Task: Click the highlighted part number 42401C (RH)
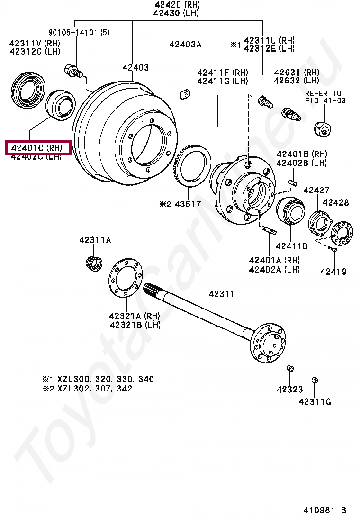tap(37, 148)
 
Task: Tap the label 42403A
tap(185, 45)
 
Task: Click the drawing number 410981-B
tap(325, 510)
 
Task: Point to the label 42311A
tap(95, 241)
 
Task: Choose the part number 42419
tap(333, 272)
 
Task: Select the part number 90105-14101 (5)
tap(79, 32)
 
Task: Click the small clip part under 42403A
tap(185, 93)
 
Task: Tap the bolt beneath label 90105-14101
tap(73, 72)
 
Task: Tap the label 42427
tap(316, 191)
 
